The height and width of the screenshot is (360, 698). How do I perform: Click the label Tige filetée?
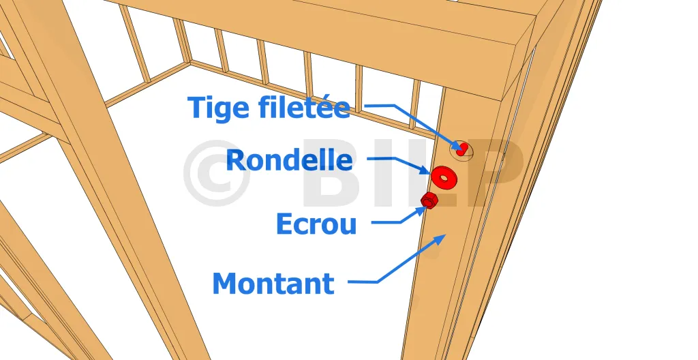tap(269, 107)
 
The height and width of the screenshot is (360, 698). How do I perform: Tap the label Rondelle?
tap(289, 160)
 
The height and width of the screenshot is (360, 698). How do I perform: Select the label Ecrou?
tap(316, 224)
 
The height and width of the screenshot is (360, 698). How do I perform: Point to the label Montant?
tap(273, 284)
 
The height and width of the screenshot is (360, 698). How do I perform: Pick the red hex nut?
tap(429, 200)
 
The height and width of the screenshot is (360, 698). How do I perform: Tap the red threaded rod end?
tap(461, 149)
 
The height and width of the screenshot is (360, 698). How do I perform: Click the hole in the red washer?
tap(443, 177)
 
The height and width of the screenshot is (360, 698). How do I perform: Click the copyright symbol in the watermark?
tap(216, 173)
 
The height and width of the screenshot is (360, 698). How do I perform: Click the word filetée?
tap(304, 107)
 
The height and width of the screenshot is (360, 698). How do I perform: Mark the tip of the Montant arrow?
tap(446, 234)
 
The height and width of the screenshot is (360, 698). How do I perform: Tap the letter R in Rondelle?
tap(234, 160)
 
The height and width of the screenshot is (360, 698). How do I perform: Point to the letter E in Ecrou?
tap(284, 224)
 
